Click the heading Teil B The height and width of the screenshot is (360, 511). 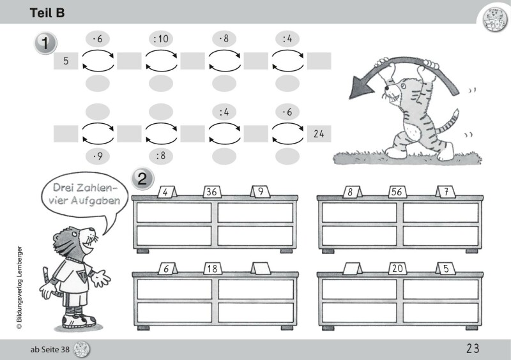tap(47, 13)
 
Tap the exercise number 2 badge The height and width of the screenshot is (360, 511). tap(142, 179)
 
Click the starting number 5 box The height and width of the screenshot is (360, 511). tap(66, 61)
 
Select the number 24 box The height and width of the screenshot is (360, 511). tap(319, 133)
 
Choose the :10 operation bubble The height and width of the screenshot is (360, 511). tap(161, 39)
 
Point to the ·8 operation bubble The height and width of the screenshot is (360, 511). tap(224, 39)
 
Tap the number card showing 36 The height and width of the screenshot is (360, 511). tap(213, 191)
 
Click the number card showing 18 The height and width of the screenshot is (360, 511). tap(213, 269)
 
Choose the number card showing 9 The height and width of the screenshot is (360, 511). tap(261, 191)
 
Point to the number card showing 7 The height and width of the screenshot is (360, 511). tap(446, 191)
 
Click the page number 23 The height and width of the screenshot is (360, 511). tap(473, 349)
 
